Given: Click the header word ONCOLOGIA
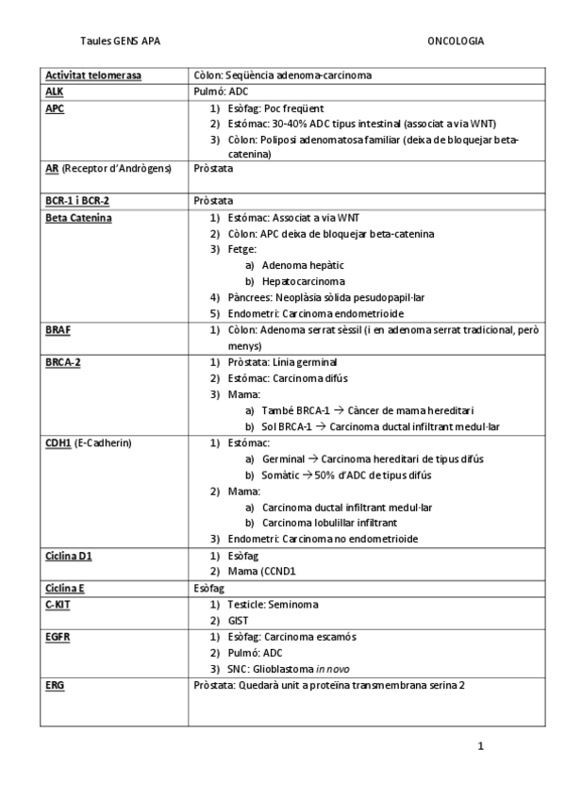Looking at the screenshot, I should pos(456,42).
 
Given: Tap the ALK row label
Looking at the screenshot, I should pos(54,92).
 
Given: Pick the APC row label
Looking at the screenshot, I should pos(55,108).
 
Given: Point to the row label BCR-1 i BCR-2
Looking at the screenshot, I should pos(77,201).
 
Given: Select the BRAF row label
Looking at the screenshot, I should pos(58,330).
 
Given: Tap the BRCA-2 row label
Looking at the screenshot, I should pos(62,362).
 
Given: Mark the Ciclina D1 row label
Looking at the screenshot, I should pos(69,556).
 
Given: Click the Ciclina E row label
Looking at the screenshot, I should pos(65,587).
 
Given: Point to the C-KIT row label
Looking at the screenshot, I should pos(58,603).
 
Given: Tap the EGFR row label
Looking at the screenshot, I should pos(58,636).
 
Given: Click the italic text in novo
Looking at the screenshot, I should pos(334,668).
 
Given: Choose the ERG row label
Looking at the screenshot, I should pos(54,685).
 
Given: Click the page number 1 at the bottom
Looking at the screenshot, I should pos(481,746).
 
